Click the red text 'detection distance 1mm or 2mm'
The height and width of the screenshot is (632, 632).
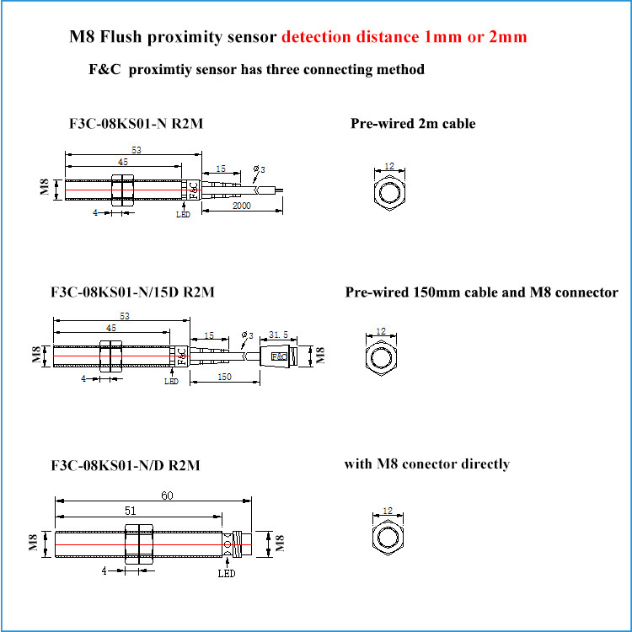[404, 38]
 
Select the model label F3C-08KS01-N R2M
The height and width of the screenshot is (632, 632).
[135, 125]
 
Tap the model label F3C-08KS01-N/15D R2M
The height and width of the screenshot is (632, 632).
[133, 293]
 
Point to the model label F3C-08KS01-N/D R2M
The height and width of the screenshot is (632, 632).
[126, 465]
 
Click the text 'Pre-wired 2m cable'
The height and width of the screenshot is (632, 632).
[413, 124]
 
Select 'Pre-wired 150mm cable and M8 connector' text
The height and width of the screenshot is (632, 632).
[481, 292]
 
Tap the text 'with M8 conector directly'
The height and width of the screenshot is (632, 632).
[426, 464]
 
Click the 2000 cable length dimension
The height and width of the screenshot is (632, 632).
[244, 205]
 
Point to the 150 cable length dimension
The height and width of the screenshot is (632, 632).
[224, 377]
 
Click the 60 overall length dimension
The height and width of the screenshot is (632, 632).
[167, 495]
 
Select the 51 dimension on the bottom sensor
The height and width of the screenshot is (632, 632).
[131, 511]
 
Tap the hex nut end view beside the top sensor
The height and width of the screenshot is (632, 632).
[388, 192]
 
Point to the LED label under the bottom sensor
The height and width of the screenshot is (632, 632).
[226, 574]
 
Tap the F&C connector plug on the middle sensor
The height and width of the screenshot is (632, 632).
[278, 356]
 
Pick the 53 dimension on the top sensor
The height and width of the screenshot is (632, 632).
[136, 148]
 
